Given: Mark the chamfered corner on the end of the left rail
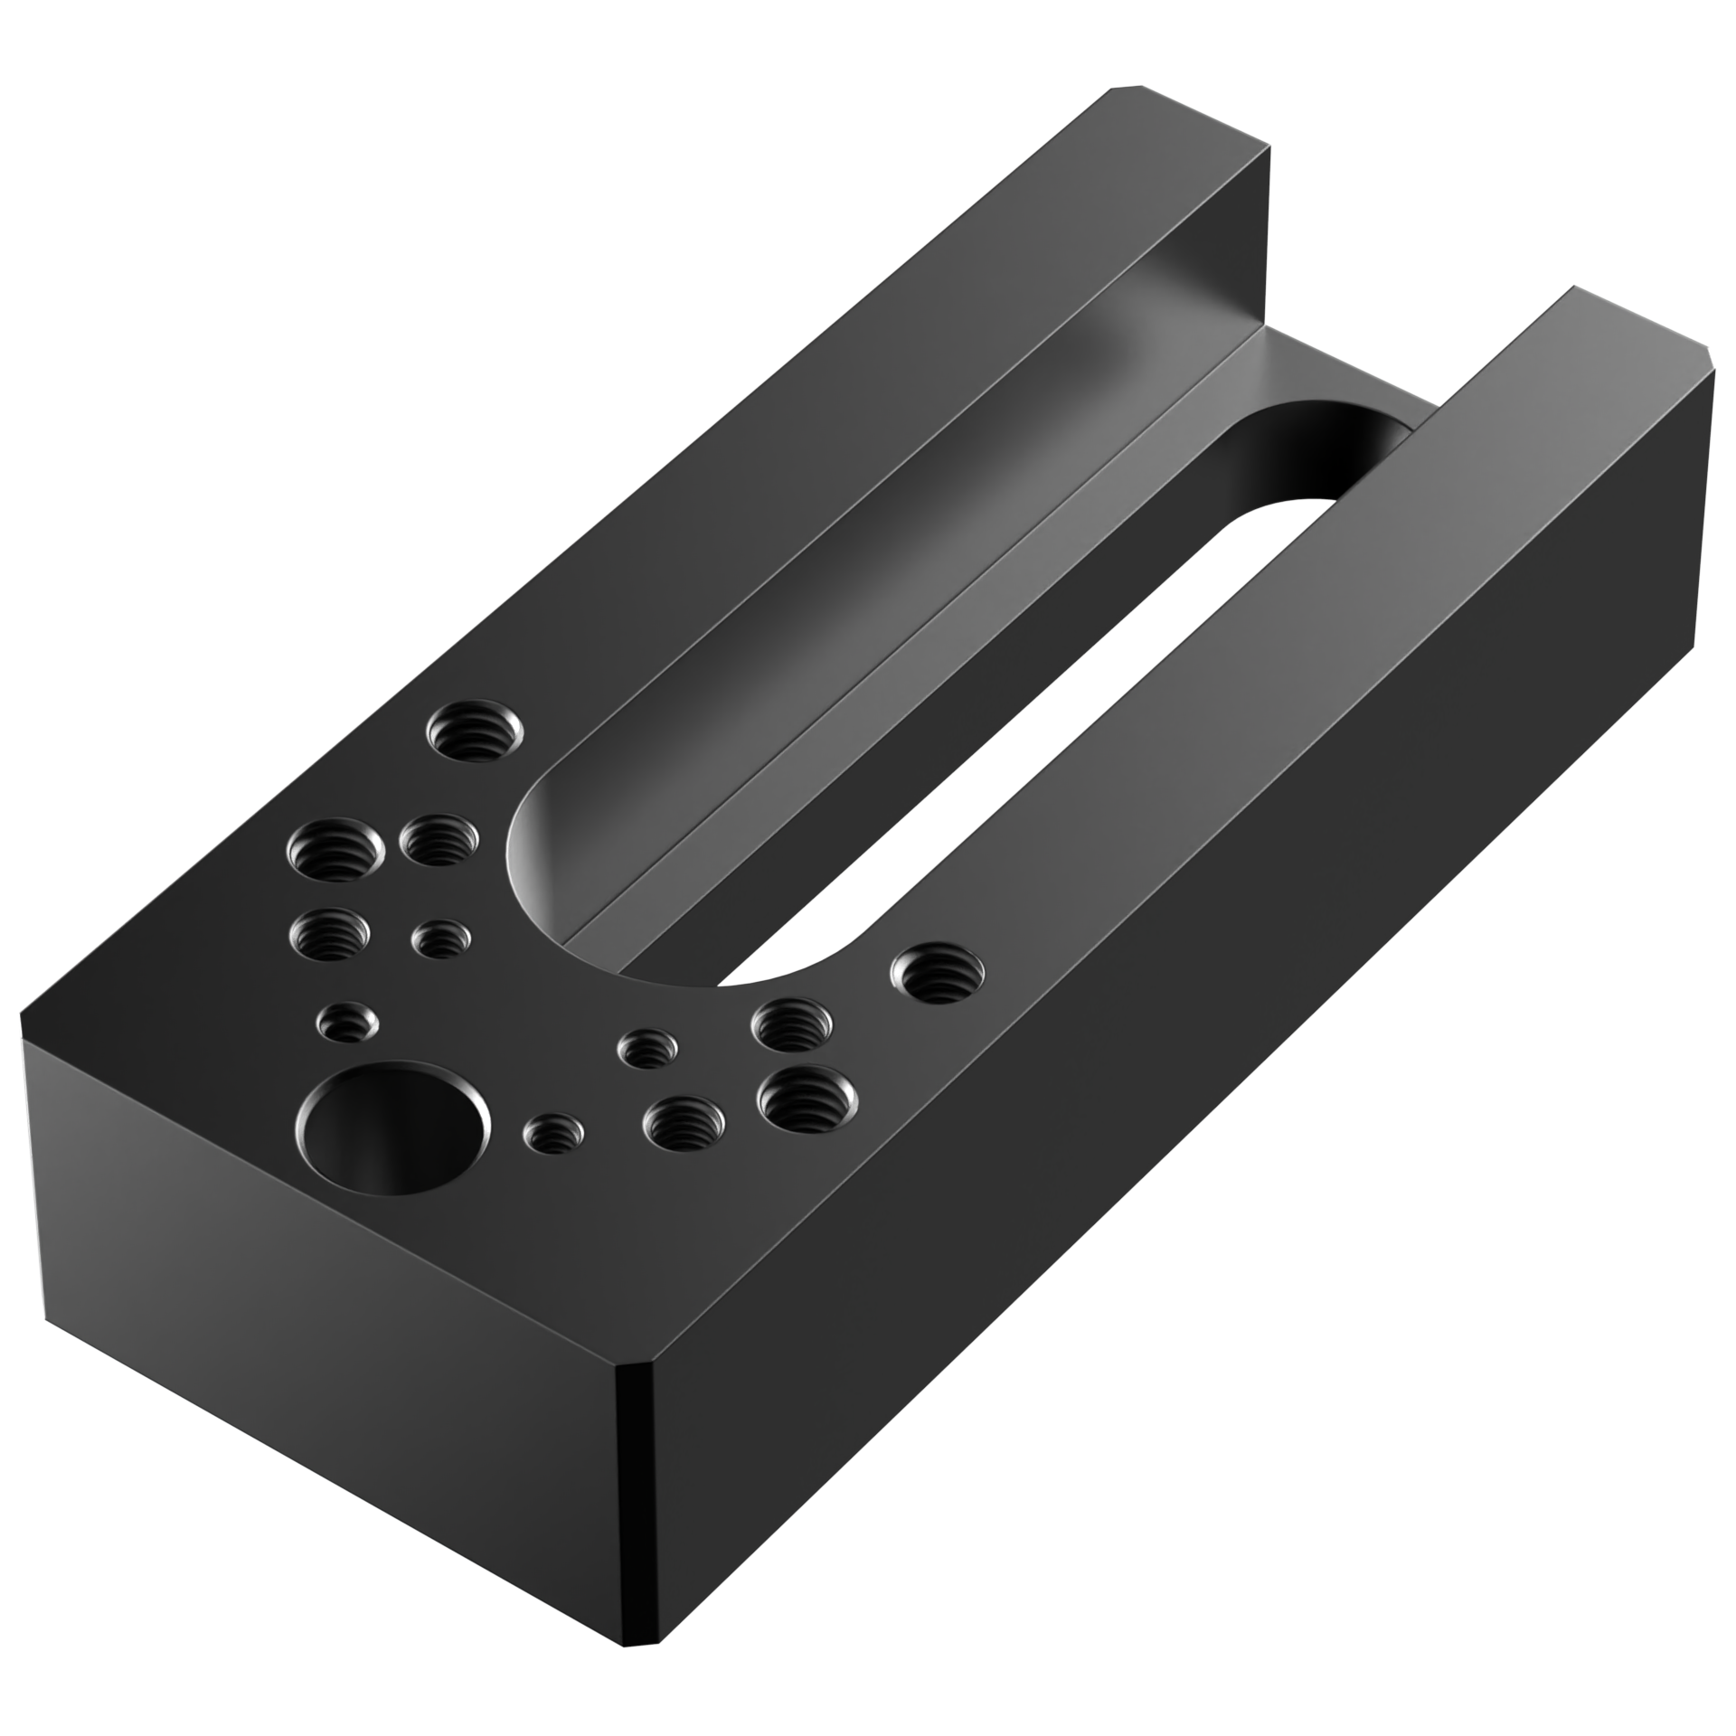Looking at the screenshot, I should [x=1126, y=90].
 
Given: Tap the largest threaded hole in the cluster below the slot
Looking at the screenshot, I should [x=807, y=1101].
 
